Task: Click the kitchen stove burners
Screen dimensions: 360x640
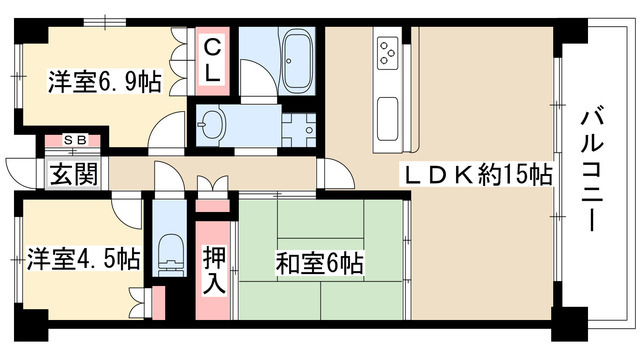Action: click(x=390, y=49)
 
